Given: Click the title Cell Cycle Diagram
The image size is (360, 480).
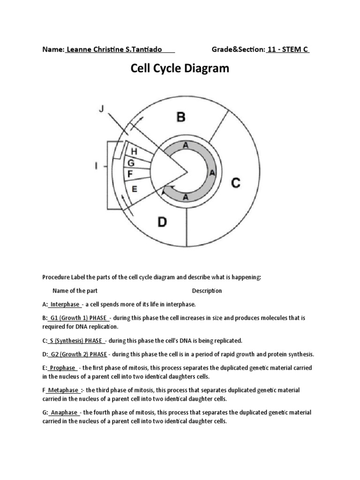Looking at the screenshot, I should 180,69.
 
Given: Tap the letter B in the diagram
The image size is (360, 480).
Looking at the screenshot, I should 180,117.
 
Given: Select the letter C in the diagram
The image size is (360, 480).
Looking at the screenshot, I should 236,182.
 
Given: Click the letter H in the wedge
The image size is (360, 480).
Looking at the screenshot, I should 134,151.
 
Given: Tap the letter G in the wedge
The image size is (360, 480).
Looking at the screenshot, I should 131,163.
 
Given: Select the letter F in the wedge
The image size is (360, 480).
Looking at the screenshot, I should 130,174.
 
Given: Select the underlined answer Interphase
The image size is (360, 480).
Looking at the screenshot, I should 65,304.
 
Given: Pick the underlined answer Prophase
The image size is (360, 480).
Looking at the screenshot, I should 63,368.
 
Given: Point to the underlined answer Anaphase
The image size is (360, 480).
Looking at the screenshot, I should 64,412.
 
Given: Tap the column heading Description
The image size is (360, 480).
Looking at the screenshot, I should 207,291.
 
